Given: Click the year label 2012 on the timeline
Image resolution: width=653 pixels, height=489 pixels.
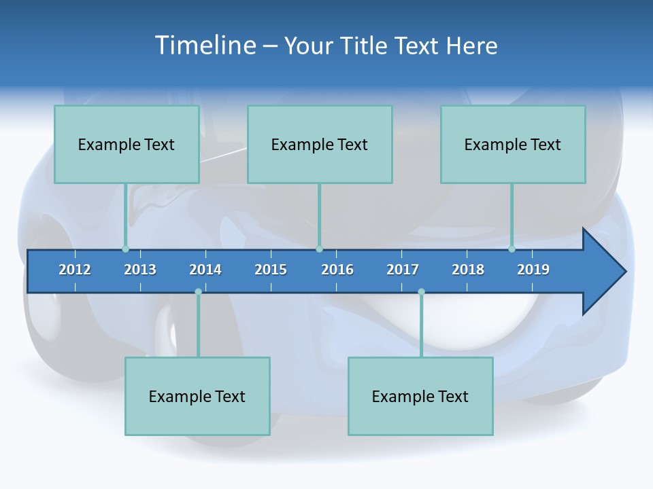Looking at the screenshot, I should pyautogui.click(x=75, y=270).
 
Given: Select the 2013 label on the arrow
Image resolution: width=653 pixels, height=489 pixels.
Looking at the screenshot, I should pyautogui.click(x=140, y=270).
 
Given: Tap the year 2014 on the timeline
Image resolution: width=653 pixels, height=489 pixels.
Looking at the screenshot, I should pyautogui.click(x=205, y=270).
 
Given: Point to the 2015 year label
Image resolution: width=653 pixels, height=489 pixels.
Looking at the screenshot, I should pyautogui.click(x=271, y=270).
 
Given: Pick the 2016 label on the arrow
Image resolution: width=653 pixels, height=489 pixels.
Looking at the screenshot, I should pyautogui.click(x=337, y=270).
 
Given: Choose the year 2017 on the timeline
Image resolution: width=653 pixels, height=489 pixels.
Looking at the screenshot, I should pyautogui.click(x=403, y=270).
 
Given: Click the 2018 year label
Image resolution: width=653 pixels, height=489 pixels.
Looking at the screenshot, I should pyautogui.click(x=468, y=270).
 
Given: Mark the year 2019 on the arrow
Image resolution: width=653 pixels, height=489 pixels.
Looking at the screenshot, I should pyautogui.click(x=533, y=270).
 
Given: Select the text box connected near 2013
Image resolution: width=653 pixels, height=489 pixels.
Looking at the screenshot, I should pyautogui.click(x=127, y=144).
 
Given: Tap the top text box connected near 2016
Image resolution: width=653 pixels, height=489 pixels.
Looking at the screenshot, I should pyautogui.click(x=320, y=144).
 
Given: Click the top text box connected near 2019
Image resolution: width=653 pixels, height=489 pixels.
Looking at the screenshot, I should pyautogui.click(x=513, y=144).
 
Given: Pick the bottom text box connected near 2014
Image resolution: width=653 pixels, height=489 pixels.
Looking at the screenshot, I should pyautogui.click(x=197, y=396).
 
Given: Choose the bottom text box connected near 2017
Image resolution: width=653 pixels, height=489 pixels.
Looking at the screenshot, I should pyautogui.click(x=420, y=396).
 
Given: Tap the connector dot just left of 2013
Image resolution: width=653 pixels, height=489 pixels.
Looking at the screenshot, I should pyautogui.click(x=125, y=249).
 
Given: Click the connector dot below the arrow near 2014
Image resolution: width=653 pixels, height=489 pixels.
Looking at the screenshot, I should pyautogui.click(x=198, y=291).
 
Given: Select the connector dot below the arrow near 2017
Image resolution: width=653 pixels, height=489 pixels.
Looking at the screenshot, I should pyautogui.click(x=421, y=291).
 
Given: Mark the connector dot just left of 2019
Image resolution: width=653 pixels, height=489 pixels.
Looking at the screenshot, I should pyautogui.click(x=512, y=249).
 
